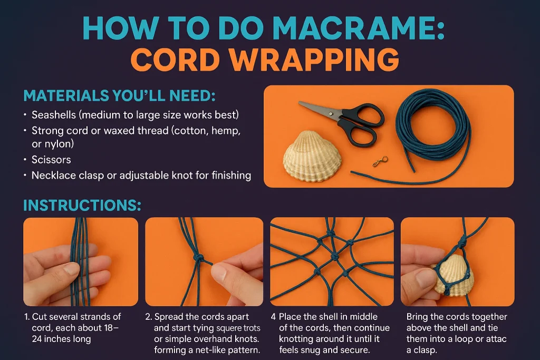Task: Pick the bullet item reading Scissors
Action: tap(51, 159)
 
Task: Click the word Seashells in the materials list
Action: tap(53, 114)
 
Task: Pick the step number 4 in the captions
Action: tap(273, 317)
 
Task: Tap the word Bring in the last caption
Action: tap(419, 317)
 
